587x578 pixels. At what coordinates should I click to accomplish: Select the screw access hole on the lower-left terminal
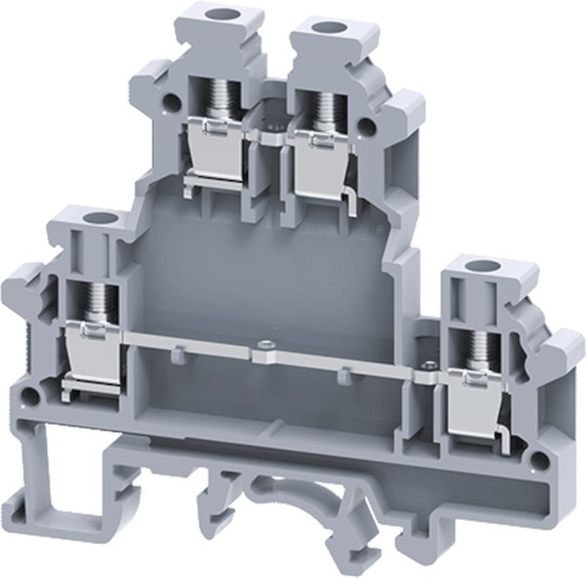point(95,218)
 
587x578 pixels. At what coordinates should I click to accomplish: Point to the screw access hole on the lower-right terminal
point(477,267)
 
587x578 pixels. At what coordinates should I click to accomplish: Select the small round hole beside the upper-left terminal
point(171,102)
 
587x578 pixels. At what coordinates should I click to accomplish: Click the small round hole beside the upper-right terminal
point(369,125)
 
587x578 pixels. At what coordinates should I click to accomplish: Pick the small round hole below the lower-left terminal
point(30,396)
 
